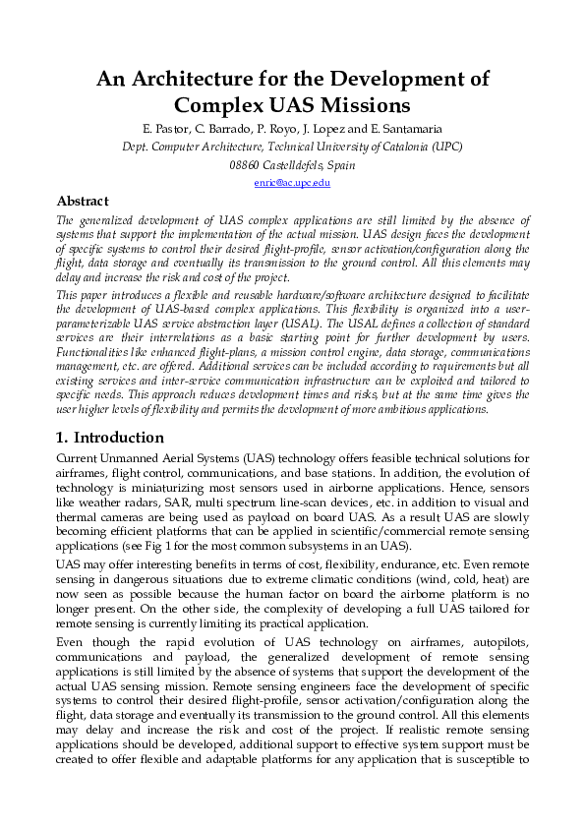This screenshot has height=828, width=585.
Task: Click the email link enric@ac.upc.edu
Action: click(292, 183)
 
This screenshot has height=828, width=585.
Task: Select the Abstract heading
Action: click(83, 201)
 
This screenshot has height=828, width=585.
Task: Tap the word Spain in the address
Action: click(340, 165)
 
